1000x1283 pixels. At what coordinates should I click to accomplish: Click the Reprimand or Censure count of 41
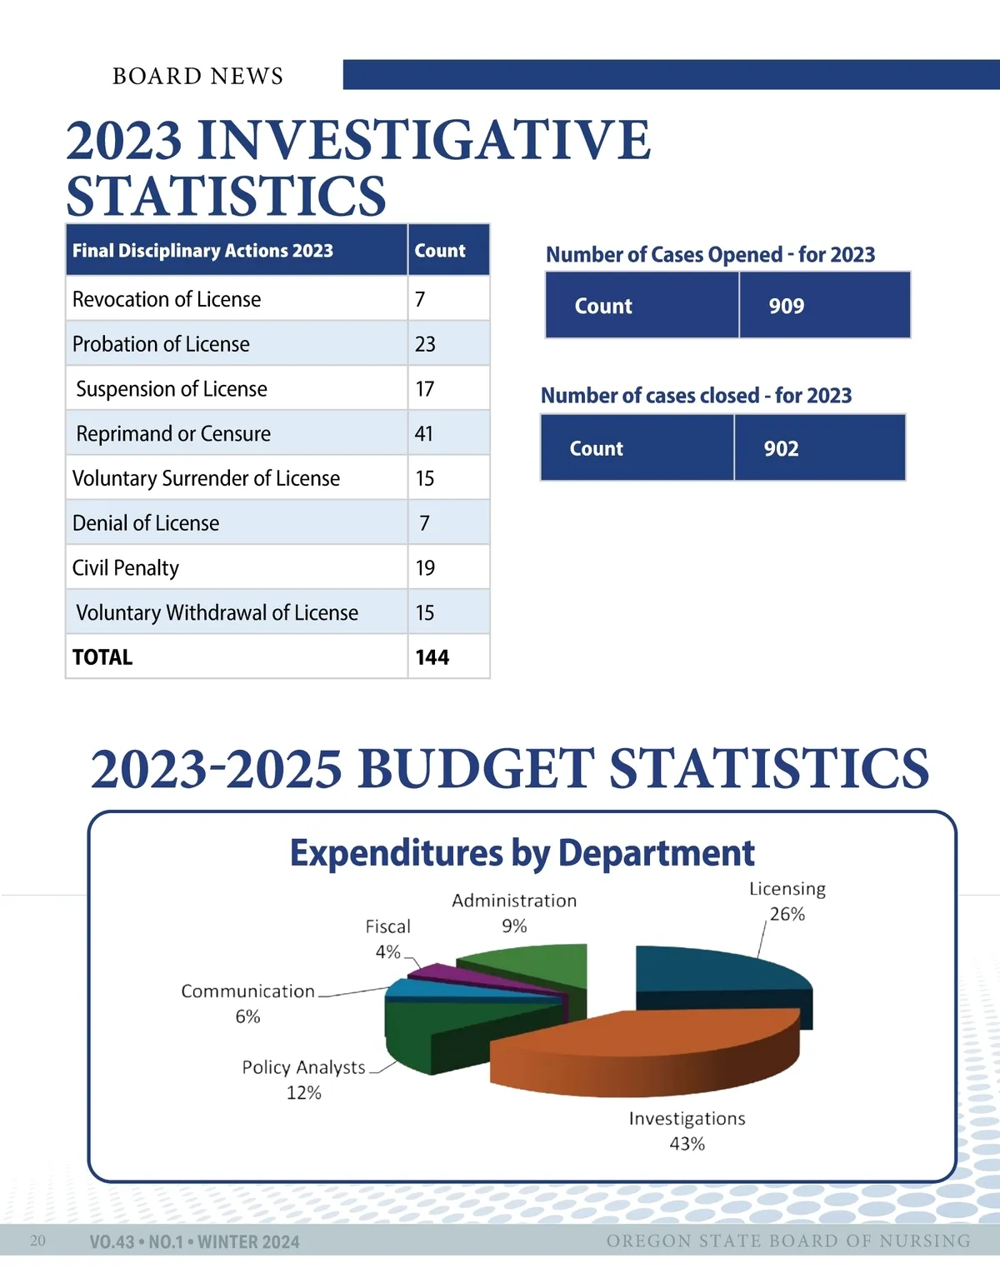coord(424,434)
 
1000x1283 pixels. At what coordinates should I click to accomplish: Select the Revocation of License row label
coord(167,299)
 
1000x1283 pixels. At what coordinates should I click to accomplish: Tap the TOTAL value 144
coord(432,657)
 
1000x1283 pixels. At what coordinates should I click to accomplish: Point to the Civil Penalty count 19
coord(425,568)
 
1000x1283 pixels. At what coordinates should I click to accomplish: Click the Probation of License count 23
coord(425,344)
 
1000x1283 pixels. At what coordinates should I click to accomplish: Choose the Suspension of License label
coord(172,389)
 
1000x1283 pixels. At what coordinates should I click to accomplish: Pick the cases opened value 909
coord(786,306)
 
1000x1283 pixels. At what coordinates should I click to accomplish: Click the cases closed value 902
coord(781,448)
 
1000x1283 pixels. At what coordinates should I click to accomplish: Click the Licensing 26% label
coord(787,901)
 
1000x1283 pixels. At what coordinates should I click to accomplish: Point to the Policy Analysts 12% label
coord(304,1080)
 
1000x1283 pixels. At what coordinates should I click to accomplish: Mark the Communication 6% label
coord(247,1003)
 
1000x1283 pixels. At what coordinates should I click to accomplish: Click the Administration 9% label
coord(514,913)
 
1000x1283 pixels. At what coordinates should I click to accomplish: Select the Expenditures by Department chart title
coord(522,853)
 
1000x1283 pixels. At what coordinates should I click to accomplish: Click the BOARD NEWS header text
coord(197,76)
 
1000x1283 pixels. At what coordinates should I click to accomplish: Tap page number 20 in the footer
coord(37,1241)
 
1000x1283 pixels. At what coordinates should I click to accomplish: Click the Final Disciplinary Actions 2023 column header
coord(202,251)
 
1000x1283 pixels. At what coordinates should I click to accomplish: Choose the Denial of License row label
coord(146,523)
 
